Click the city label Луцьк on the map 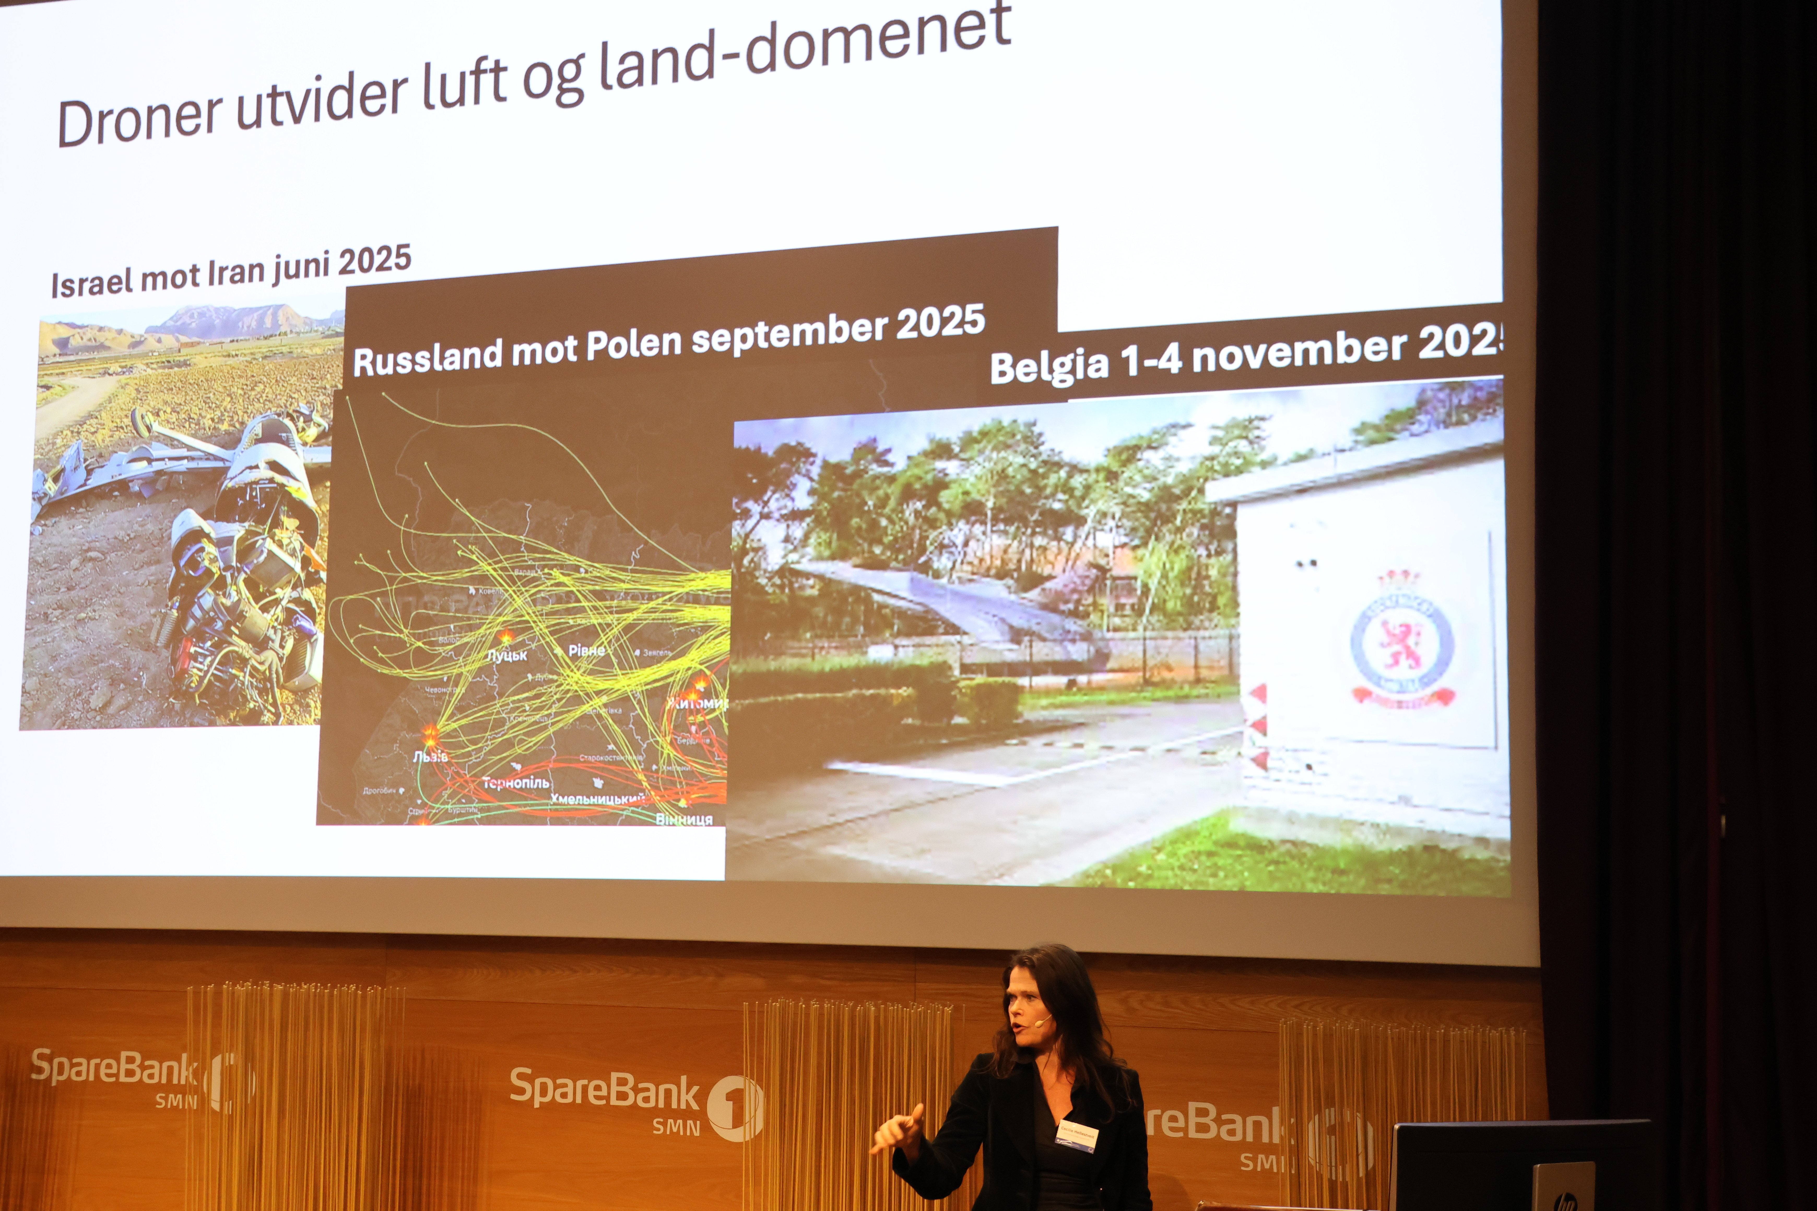pos(507,655)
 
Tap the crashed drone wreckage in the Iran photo pos(232,556)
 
